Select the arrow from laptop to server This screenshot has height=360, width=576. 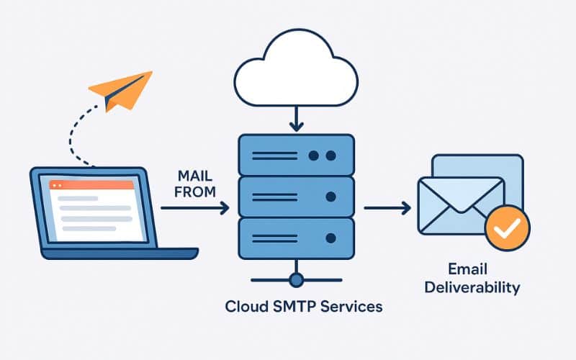coord(194,208)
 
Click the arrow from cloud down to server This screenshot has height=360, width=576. coord(295,119)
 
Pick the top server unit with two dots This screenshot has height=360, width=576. coord(295,155)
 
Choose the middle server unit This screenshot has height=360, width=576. coord(295,196)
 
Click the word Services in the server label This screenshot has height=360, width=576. coord(348,306)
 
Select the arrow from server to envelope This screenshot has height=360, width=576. coord(387,208)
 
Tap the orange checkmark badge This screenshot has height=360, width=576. coord(508,229)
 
